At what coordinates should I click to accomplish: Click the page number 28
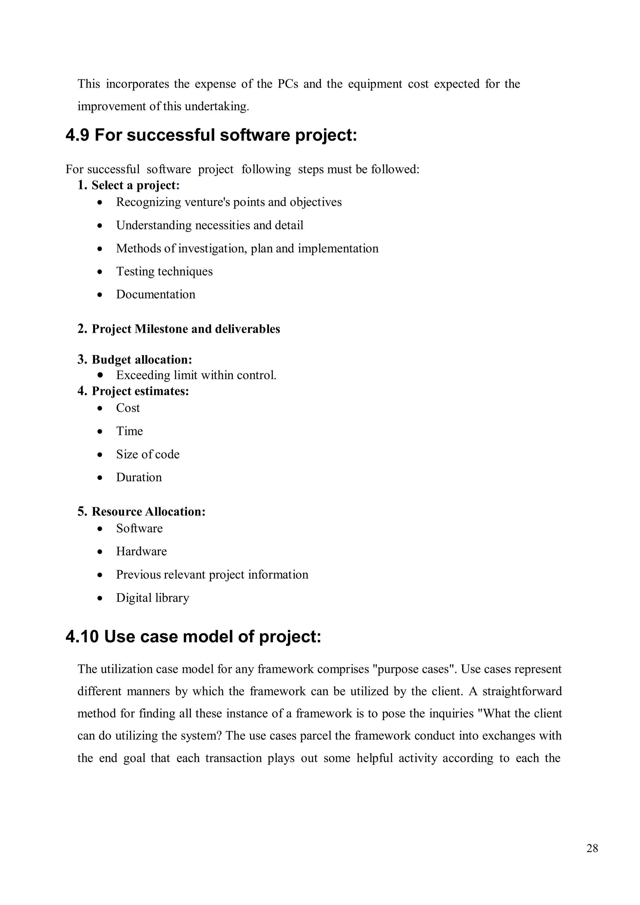point(592,848)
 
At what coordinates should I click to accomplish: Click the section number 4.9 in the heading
point(77,135)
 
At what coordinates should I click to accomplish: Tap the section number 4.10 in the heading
point(82,637)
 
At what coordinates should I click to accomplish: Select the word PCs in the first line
point(288,84)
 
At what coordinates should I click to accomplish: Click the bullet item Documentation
point(156,294)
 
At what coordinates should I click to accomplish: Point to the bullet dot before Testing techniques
point(101,272)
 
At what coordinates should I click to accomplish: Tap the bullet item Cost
point(128,408)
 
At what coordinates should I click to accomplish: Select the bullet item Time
point(129,431)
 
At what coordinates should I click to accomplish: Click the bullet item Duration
point(139,477)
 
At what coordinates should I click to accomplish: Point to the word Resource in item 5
point(117,512)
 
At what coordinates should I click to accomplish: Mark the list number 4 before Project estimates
point(82,391)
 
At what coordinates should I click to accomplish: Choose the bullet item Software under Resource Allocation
point(139,528)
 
